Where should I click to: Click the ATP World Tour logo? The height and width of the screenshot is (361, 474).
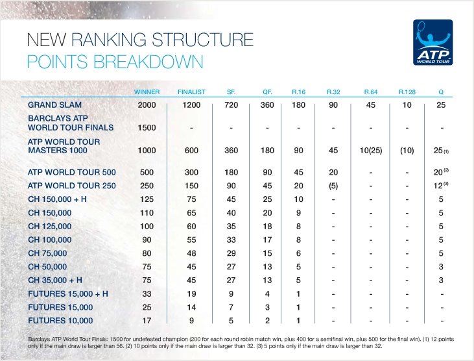(433, 42)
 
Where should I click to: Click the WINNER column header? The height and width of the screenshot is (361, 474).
(147, 91)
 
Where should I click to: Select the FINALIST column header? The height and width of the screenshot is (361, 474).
(191, 91)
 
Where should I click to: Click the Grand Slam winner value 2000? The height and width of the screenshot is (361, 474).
(147, 104)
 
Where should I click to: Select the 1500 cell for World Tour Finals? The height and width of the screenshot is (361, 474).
(147, 128)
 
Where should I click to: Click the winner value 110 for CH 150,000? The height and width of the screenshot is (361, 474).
(147, 212)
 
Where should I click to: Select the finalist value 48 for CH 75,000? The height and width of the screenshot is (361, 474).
(191, 253)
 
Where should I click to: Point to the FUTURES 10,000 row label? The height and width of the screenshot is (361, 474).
(61, 321)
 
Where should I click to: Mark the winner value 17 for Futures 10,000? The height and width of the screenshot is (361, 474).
(147, 321)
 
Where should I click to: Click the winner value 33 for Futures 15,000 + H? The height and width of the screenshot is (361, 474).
(147, 293)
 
